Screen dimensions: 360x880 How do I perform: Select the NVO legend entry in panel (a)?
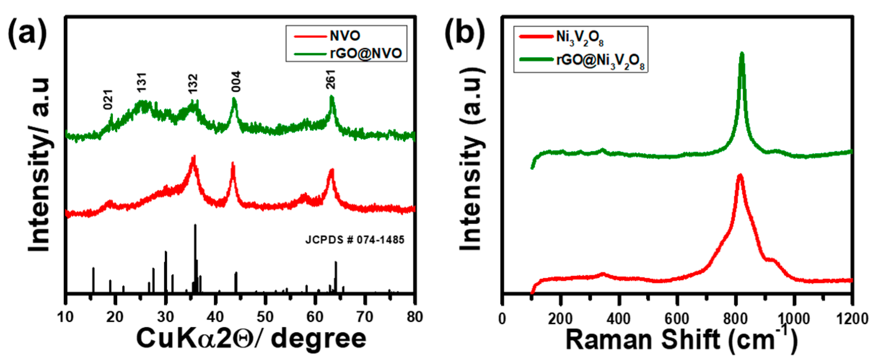pos(345,36)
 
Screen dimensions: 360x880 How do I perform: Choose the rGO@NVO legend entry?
pos(365,53)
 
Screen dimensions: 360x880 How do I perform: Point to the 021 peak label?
pos(108,99)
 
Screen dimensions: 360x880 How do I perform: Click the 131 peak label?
pos(142,82)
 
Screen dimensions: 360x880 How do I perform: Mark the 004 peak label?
pos(236,82)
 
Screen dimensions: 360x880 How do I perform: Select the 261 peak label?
pos(330,79)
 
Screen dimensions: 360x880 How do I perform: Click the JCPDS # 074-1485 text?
pos(355,240)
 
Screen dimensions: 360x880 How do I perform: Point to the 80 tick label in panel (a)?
pos(415,317)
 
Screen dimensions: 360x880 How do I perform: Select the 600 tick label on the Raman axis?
pos(677,319)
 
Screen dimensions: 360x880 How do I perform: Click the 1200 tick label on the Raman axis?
pos(852,319)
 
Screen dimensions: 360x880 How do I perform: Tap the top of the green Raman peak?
pos(742,54)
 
